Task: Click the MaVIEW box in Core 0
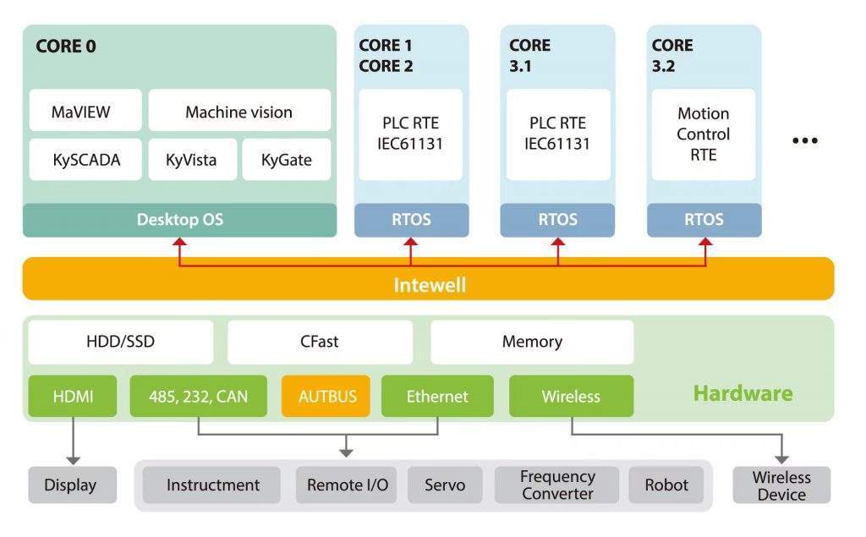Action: click(80, 112)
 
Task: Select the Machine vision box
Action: click(239, 112)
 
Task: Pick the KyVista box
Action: click(191, 160)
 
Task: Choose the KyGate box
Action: click(286, 160)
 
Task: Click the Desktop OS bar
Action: click(179, 220)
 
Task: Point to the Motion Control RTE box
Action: click(703, 134)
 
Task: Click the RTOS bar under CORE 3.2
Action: click(703, 220)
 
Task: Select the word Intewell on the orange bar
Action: click(430, 285)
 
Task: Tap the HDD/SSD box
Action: click(120, 342)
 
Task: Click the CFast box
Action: click(320, 342)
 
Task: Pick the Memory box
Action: click(532, 342)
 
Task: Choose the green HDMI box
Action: click(73, 396)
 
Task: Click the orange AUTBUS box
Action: click(326, 396)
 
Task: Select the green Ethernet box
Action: click(437, 396)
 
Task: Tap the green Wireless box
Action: click(571, 396)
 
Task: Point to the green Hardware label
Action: click(743, 393)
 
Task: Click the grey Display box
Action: click(71, 485)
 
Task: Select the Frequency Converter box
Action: click(557, 485)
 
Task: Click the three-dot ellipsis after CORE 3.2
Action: click(804, 140)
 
